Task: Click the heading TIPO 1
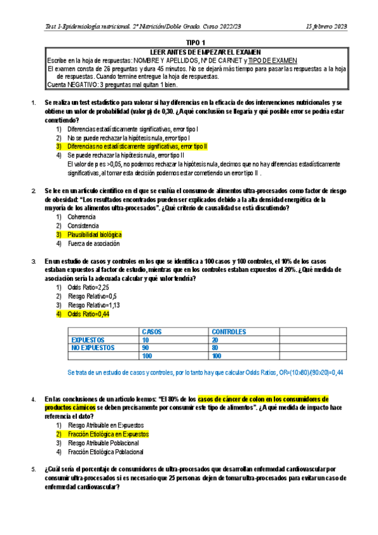pyautogui.click(x=189, y=42)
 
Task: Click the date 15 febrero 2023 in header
pyautogui.click(x=326, y=26)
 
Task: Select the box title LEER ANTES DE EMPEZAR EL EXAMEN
pyautogui.click(x=189, y=52)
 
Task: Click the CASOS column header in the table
pyautogui.click(x=153, y=331)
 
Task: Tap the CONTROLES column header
pyautogui.click(x=228, y=331)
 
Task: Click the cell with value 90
pyautogui.click(x=146, y=347)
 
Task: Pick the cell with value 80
pyautogui.click(x=216, y=347)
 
